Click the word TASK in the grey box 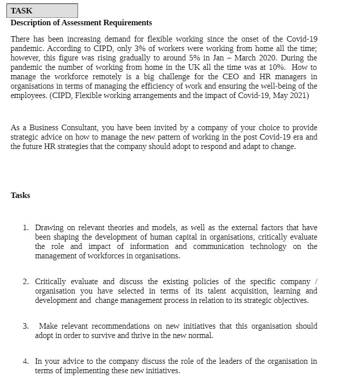(21, 11)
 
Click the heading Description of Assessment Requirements (81, 23)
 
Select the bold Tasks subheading (20, 195)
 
